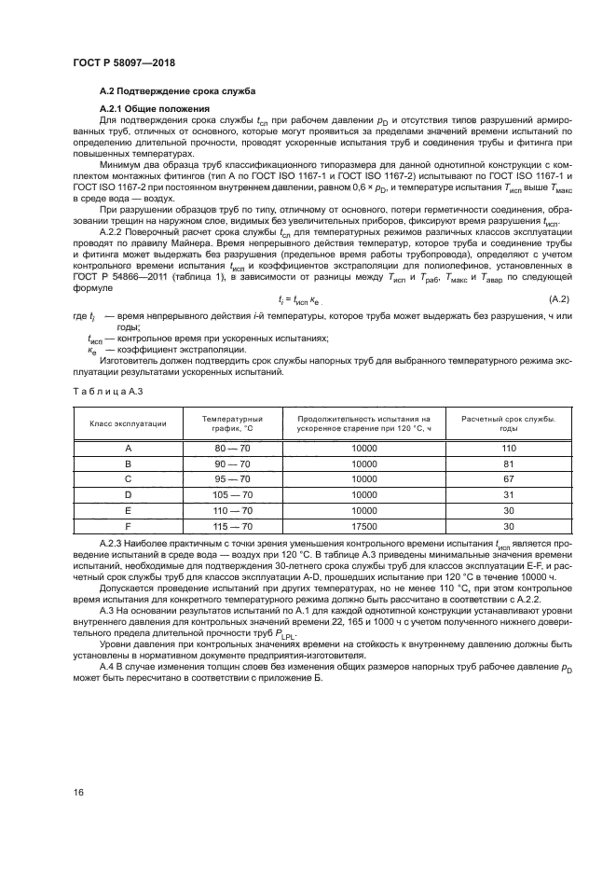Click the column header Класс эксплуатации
(128, 423)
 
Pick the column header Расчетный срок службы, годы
(509, 423)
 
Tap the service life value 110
(509, 449)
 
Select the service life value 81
(509, 464)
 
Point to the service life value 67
(509, 478)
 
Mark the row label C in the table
(128, 478)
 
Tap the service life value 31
(509, 494)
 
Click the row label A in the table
(128, 449)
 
